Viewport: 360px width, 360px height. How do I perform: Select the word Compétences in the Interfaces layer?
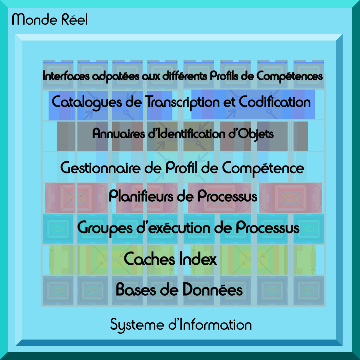point(290,77)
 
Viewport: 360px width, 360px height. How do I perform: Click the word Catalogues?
point(88,102)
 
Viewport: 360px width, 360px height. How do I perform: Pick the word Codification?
point(275,102)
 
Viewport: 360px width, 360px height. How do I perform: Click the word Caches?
point(148,259)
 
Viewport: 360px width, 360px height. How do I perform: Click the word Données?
point(212,290)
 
